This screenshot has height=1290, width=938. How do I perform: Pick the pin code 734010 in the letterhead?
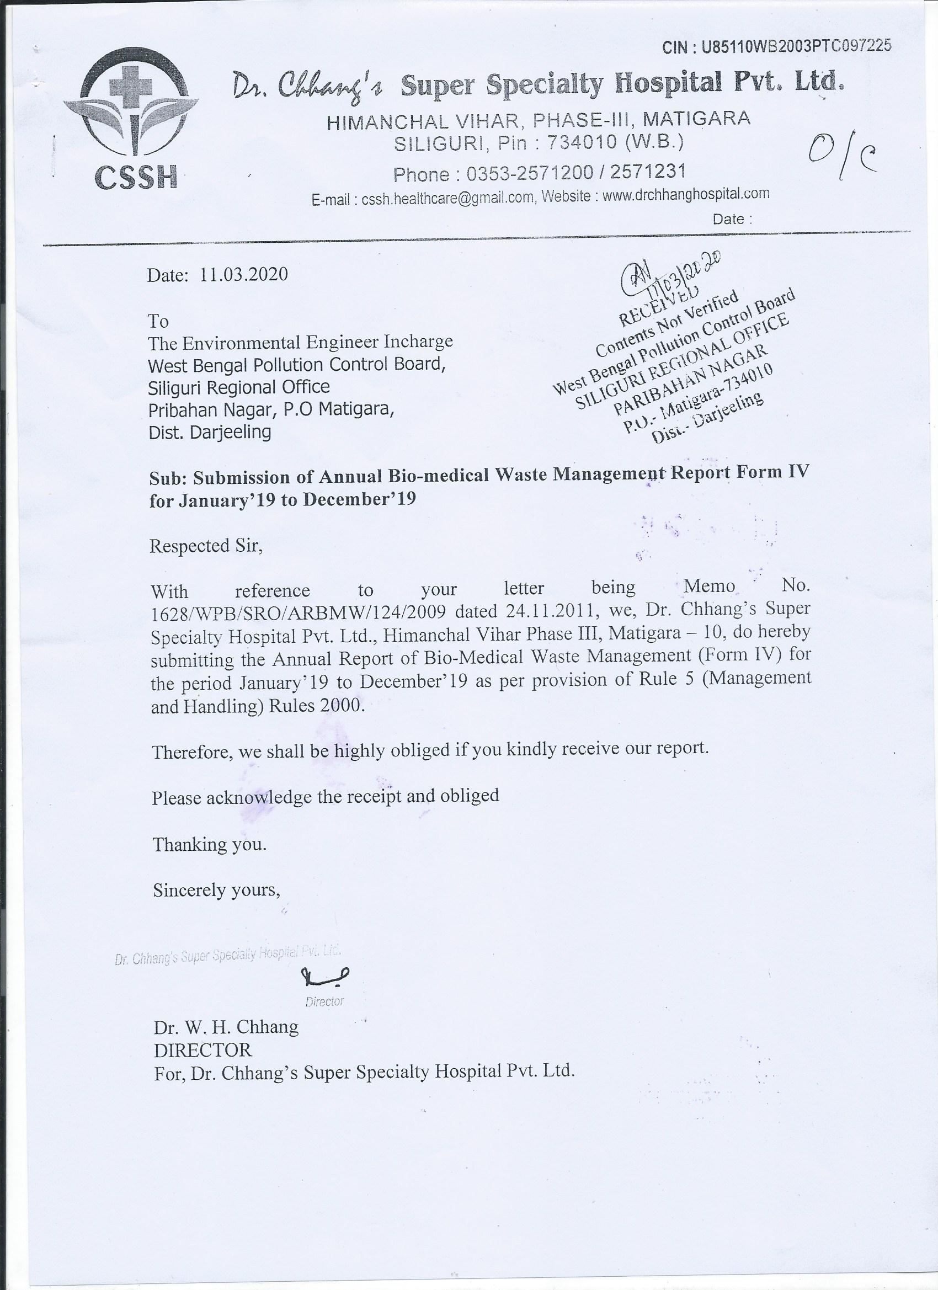pos(582,142)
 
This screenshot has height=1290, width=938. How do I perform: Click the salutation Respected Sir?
pos(205,546)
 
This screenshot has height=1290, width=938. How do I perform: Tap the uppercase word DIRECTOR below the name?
pos(202,1049)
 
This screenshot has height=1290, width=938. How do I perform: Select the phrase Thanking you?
pos(209,844)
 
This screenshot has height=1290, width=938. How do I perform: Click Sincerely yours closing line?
pos(216,889)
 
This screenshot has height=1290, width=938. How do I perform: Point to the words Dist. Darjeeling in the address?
pos(209,431)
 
